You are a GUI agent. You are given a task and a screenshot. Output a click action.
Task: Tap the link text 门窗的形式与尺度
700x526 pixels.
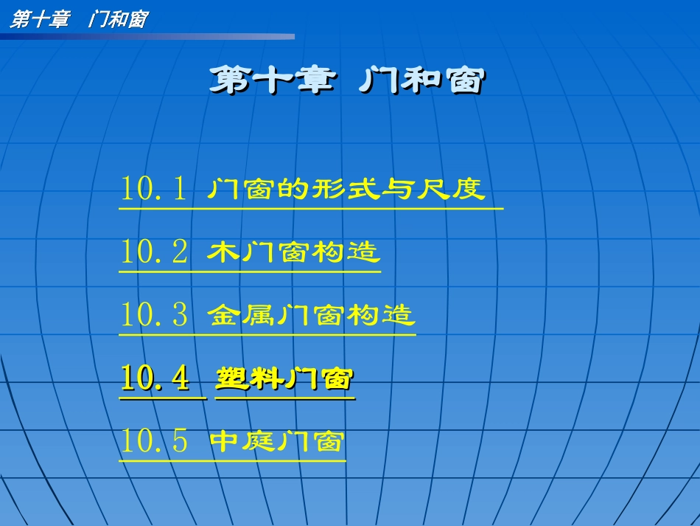point(346,189)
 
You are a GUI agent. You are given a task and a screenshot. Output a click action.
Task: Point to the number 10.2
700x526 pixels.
point(154,252)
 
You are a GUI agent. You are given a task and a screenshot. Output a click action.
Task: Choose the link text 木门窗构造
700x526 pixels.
point(294,252)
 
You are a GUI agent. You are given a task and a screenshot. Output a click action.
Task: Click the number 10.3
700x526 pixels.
point(154,316)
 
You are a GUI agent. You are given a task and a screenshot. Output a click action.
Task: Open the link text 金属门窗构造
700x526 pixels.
point(311,316)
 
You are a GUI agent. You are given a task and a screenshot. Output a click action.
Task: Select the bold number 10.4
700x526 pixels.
point(155,379)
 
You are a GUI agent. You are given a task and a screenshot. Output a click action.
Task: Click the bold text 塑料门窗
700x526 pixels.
point(284,379)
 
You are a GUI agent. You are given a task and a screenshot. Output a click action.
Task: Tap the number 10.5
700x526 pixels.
point(154,442)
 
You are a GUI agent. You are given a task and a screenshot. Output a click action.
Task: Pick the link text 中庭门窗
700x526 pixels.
point(277,442)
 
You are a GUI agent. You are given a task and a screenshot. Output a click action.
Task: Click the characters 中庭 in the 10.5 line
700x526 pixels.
point(242,442)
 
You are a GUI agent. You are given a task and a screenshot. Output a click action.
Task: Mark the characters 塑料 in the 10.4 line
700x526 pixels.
point(249,379)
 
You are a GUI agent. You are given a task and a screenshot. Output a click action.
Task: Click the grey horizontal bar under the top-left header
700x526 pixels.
point(147,36)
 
